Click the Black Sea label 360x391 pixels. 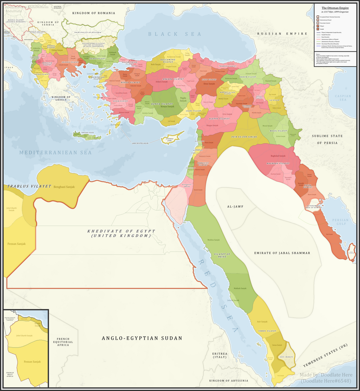coord(174,34)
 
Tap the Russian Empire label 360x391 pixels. coord(277,34)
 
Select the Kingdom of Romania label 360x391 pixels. coord(93,13)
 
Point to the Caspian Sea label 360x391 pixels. coord(342,98)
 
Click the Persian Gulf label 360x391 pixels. coord(342,222)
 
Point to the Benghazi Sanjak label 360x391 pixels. coord(64,187)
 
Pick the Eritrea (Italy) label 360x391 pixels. coord(219,355)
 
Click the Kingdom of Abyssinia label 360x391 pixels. coord(229,381)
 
